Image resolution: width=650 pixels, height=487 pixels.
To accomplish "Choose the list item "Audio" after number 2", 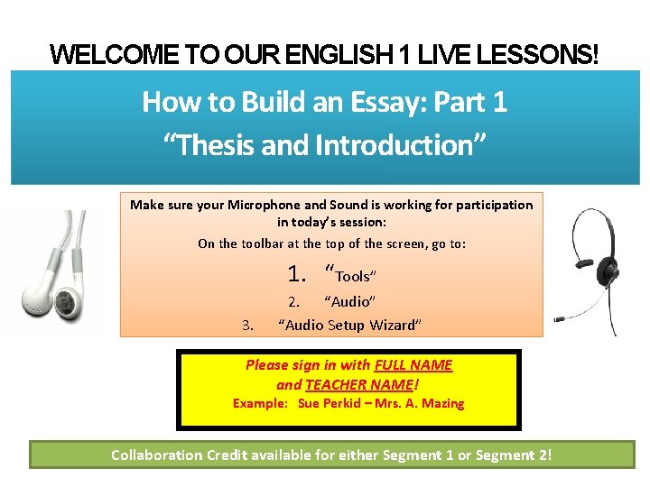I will click(349, 301).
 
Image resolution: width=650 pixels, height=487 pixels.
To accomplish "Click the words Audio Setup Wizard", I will click(350, 325).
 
